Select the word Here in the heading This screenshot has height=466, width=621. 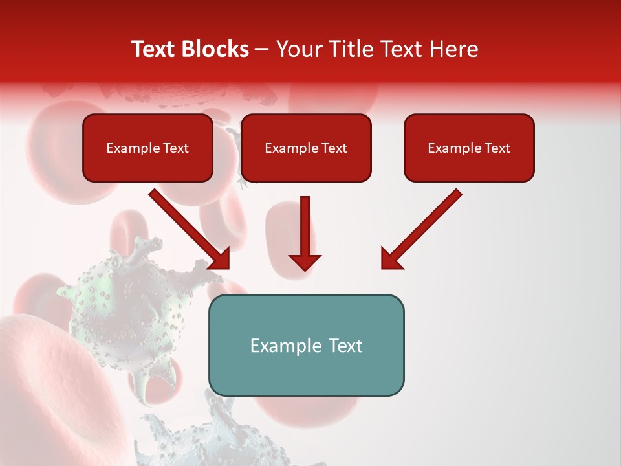(x=454, y=49)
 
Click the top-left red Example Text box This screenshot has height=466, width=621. (x=147, y=148)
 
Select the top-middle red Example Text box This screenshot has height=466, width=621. (x=306, y=148)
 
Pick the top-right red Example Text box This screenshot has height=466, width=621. (x=469, y=148)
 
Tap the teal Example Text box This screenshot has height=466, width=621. (x=306, y=345)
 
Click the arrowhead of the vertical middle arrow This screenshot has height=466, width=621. (x=305, y=261)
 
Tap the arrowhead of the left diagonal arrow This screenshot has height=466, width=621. (x=220, y=259)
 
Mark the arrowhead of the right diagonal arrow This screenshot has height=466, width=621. (x=391, y=259)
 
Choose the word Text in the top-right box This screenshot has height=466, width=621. (x=497, y=148)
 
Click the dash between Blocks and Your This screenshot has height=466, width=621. (x=262, y=50)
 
